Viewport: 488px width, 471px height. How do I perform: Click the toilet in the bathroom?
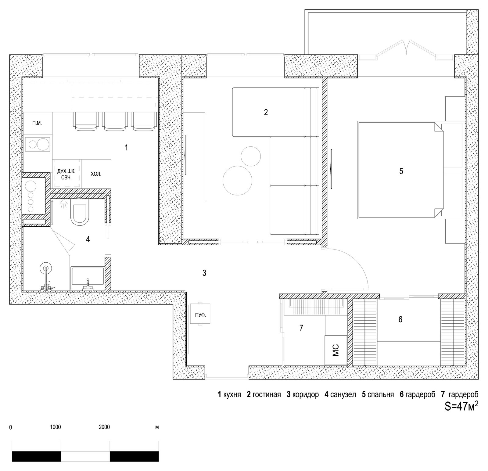click(x=80, y=212)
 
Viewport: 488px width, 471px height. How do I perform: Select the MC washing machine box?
click(x=336, y=350)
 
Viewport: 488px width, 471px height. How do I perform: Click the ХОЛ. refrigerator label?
click(x=96, y=174)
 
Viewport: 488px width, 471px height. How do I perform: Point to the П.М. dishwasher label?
click(x=37, y=123)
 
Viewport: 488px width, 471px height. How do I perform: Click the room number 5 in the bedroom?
click(x=401, y=171)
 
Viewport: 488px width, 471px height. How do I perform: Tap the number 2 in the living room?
click(x=266, y=112)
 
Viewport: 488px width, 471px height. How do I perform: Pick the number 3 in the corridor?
click(x=204, y=273)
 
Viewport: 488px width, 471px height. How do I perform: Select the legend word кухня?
click(x=232, y=395)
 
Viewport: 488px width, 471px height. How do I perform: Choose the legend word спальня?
click(x=381, y=395)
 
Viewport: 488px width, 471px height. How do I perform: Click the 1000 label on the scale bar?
click(x=55, y=427)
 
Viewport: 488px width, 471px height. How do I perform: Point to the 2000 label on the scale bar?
click(x=104, y=427)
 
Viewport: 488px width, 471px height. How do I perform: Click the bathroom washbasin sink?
click(x=88, y=278)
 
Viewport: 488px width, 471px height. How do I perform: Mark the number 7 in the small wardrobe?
click(x=301, y=328)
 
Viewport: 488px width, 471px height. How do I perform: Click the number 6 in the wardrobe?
click(x=400, y=319)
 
